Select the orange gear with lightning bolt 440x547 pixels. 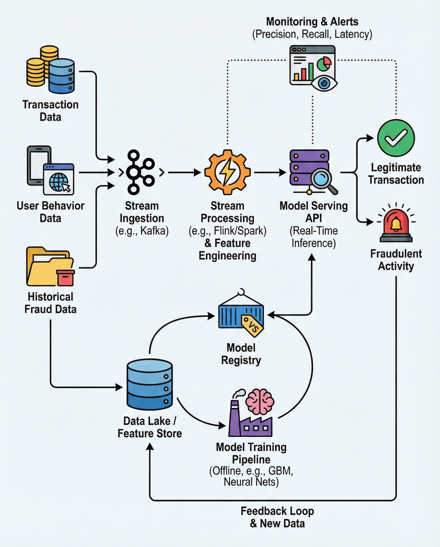227,172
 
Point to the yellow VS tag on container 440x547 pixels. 252,326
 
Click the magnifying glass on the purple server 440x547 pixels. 322,178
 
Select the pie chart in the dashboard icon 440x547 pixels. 324,63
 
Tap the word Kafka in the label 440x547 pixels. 154,231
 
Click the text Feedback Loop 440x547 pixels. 277,511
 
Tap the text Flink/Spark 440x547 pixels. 240,231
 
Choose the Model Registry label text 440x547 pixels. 241,354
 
